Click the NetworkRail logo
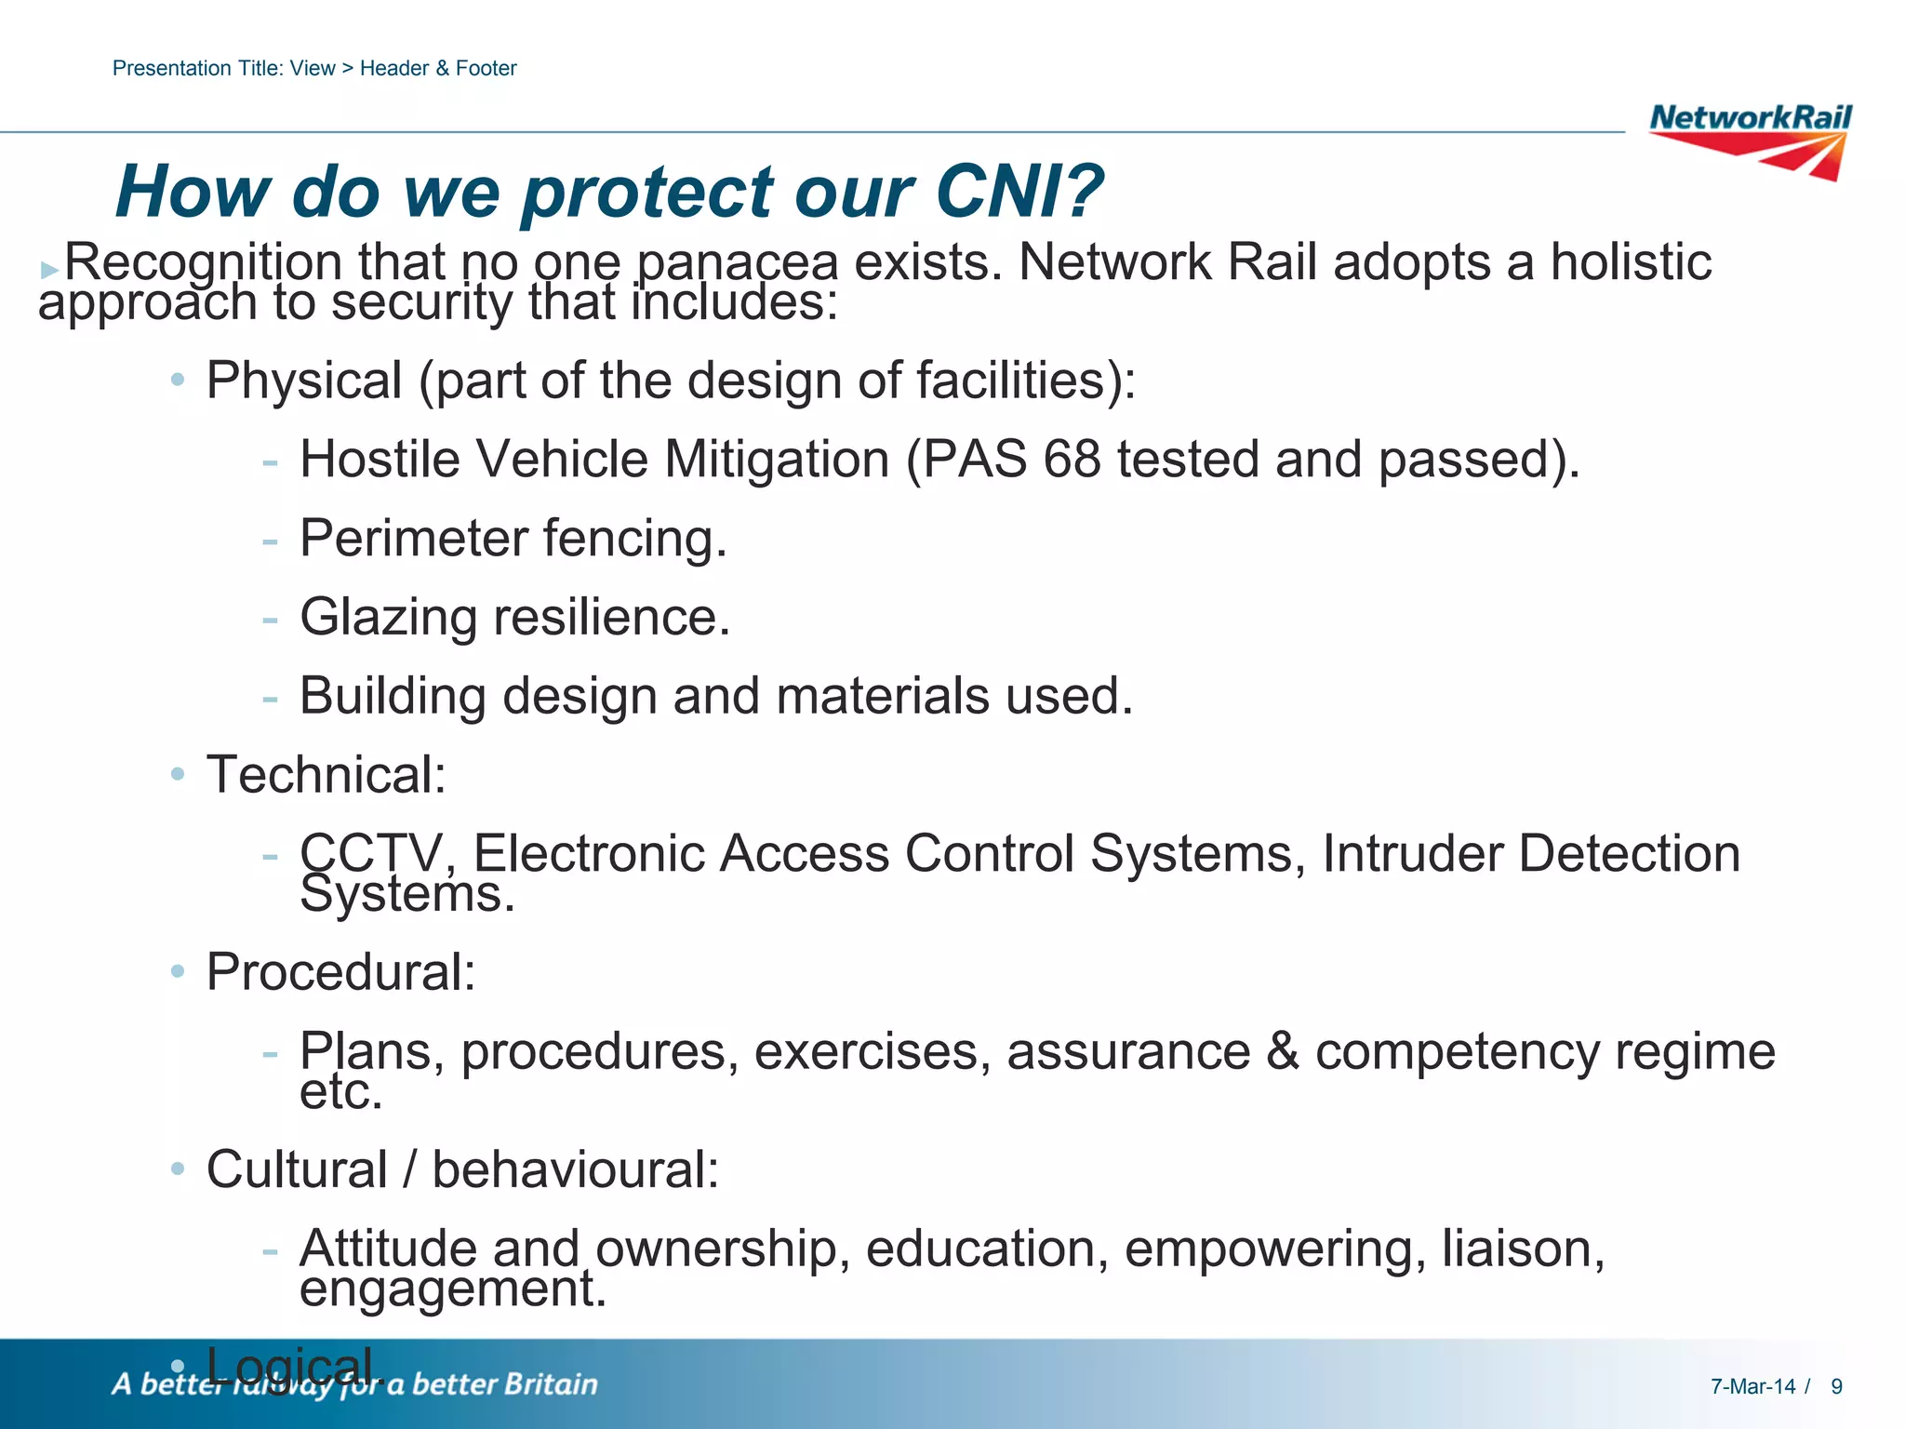coord(1750,140)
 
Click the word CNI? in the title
coord(1019,192)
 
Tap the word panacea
coord(737,263)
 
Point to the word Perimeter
coord(412,539)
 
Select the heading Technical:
coord(326,775)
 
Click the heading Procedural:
coord(341,973)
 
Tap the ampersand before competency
coord(1283,1052)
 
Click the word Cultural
coord(297,1169)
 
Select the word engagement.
coord(452,1290)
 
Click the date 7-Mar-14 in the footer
coord(1752,1387)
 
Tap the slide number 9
coord(1836,1387)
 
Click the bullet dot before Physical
coord(178,381)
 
